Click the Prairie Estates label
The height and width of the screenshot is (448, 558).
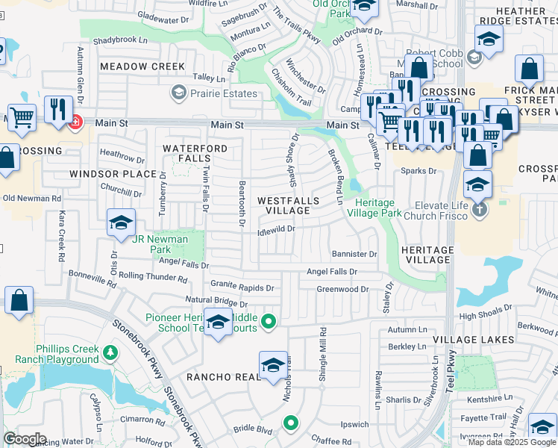point(223,94)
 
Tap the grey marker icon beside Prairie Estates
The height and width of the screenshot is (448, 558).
point(178,93)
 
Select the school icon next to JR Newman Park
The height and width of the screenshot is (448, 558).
point(120,222)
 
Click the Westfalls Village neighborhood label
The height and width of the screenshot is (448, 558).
point(288,206)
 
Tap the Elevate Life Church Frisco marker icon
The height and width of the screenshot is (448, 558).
point(480,210)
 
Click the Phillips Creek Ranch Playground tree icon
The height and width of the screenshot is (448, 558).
point(110,352)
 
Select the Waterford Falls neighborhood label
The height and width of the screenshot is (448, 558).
point(195,154)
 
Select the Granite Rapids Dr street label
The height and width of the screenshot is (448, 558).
point(242,286)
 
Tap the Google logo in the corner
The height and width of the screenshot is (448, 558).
point(25,439)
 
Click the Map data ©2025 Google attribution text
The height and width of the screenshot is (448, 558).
point(512,442)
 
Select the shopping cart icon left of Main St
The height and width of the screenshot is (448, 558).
point(22,116)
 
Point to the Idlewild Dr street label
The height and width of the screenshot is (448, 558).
point(276,230)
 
